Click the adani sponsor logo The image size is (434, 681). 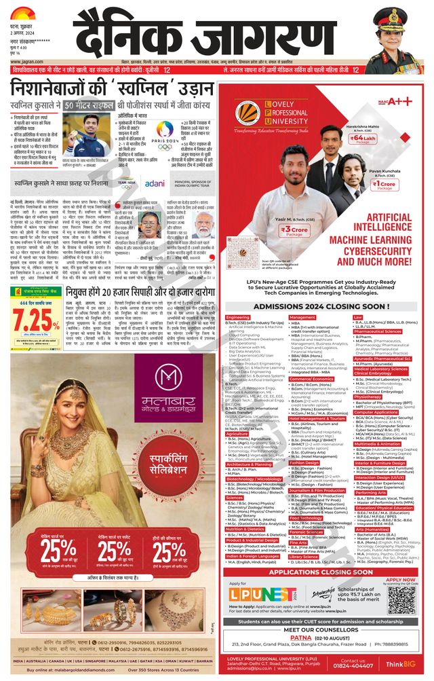154,183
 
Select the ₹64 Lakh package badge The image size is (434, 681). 375,138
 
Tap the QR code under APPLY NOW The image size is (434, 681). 401,598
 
